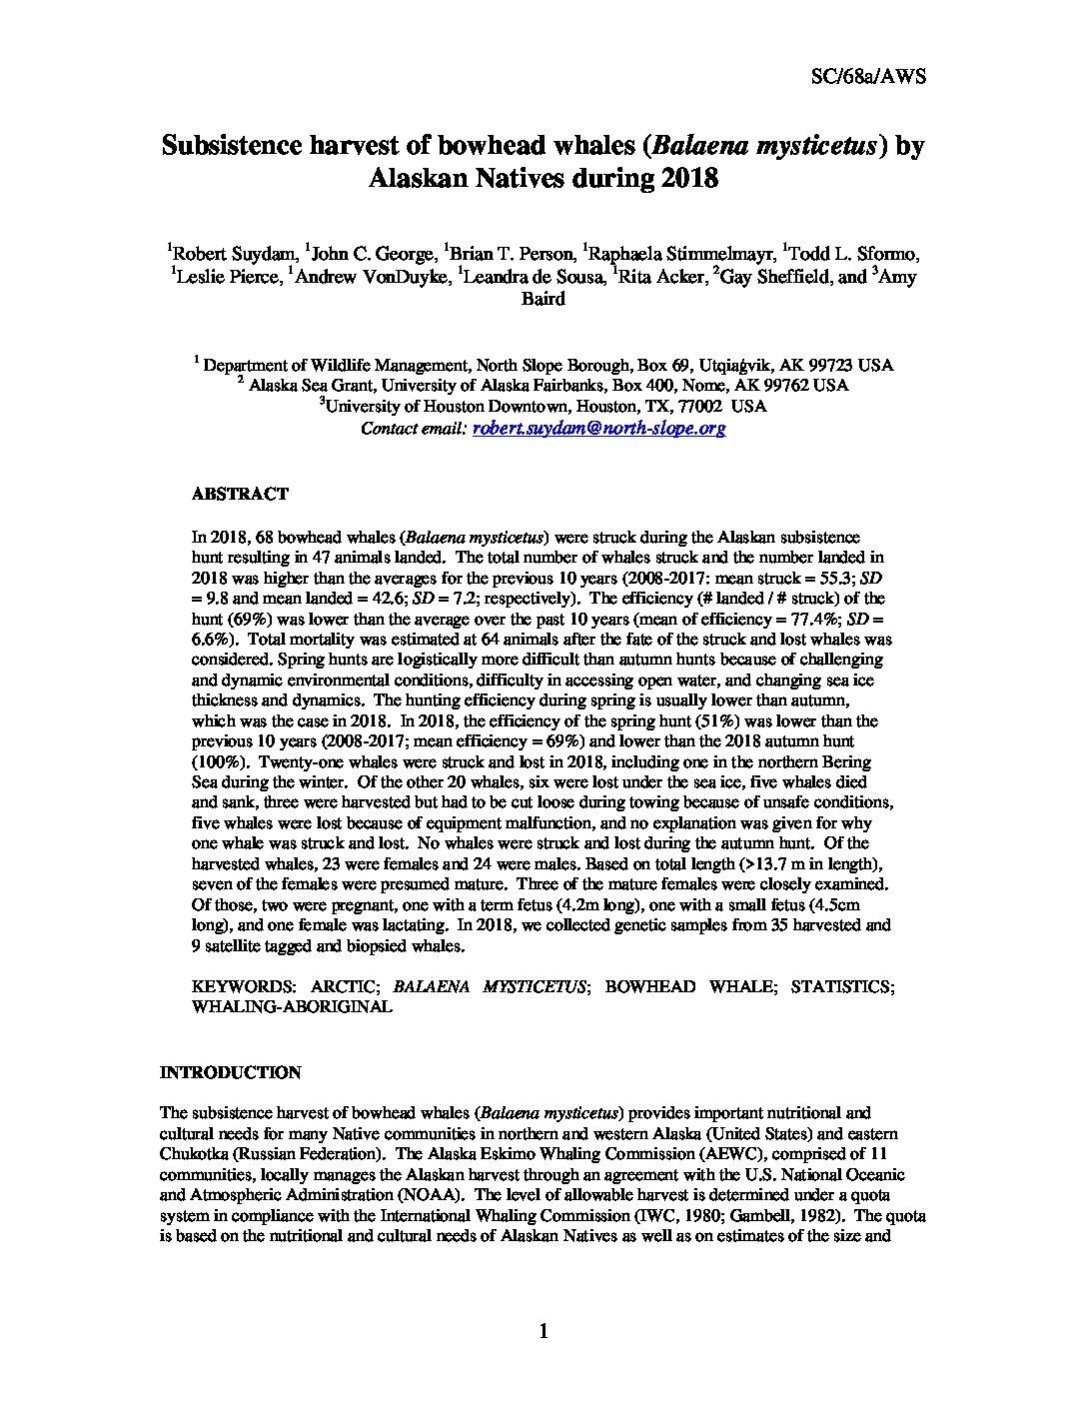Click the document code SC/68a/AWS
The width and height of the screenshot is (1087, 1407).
[867, 77]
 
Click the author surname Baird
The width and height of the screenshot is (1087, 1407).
[543, 298]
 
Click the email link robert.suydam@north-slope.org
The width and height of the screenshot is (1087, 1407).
[598, 428]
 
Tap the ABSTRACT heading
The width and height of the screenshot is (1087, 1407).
[240, 494]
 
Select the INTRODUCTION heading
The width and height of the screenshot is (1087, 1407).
[231, 1072]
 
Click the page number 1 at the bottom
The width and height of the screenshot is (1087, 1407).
[543, 1330]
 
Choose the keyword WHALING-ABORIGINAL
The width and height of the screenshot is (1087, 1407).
[292, 1006]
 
